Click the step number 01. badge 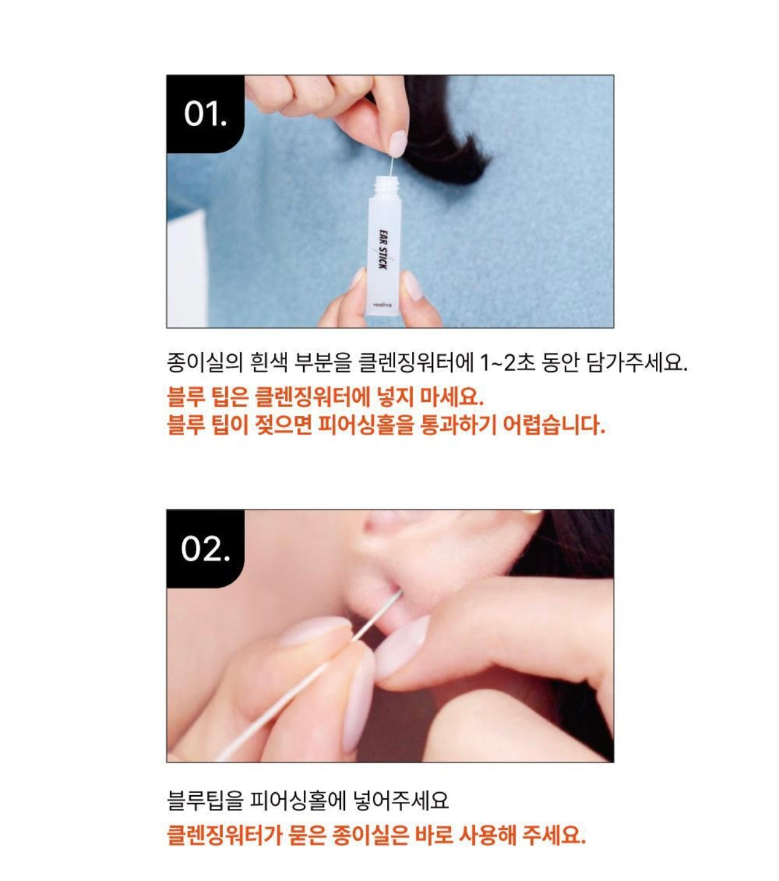(205, 114)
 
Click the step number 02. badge (205, 549)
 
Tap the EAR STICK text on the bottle (382, 249)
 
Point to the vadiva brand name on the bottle (382, 305)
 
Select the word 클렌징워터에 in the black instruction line (415, 363)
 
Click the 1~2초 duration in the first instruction (507, 363)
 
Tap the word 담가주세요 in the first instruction (636, 363)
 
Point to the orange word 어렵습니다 (554, 425)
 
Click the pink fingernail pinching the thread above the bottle (397, 143)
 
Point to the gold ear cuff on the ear (533, 512)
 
